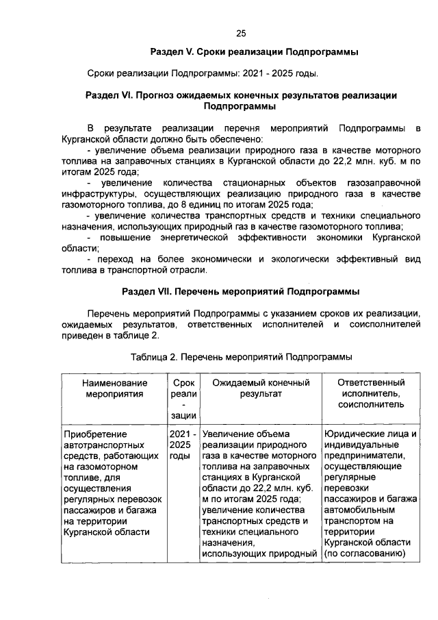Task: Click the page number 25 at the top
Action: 241,33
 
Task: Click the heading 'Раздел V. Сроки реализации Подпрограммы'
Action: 255,52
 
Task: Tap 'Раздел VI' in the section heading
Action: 109,95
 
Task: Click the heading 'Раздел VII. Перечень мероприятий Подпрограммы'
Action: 241,291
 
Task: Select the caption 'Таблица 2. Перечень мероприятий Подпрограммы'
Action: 241,357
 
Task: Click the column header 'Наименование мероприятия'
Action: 114,388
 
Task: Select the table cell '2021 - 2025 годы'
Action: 183,445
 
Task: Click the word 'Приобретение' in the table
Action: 92,434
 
